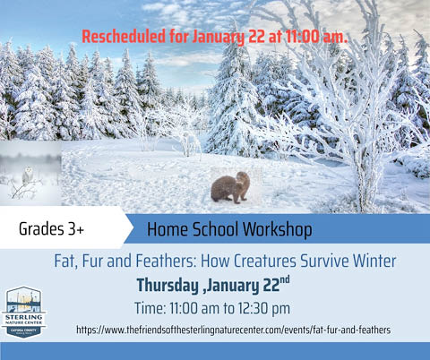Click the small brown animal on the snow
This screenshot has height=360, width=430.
coord(230,187)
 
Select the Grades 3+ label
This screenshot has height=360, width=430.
coord(51,230)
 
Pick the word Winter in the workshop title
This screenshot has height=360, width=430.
coord(372,261)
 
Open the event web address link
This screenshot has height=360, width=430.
coord(233,330)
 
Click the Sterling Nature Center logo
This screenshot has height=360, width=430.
coord(25,311)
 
